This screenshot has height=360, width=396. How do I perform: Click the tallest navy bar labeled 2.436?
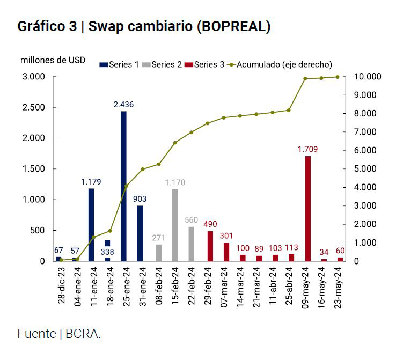point(123,186)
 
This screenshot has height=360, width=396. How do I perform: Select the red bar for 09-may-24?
point(307,208)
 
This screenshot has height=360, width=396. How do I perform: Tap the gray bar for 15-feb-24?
point(174,225)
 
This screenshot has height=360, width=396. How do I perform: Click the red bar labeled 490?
point(210,246)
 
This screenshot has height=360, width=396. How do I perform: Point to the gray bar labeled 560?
point(191,244)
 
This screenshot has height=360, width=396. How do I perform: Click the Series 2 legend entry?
point(166,65)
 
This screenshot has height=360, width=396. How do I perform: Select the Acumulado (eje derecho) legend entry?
point(284,65)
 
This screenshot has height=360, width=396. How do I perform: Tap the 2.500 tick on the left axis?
point(33,107)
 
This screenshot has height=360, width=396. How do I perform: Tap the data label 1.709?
point(308,149)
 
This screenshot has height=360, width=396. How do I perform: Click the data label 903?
point(140,199)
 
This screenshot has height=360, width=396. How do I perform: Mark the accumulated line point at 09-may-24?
point(305,79)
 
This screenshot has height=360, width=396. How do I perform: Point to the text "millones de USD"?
point(53,60)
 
